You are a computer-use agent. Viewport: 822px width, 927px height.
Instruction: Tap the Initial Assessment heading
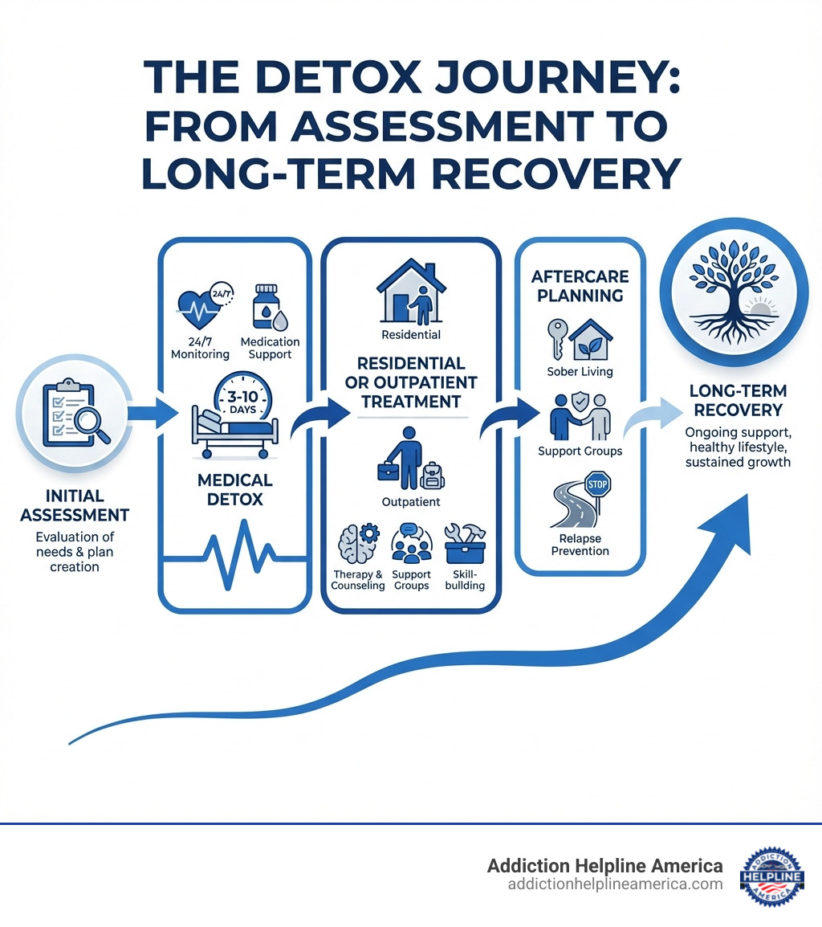point(75,506)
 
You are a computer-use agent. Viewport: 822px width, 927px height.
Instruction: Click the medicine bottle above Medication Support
point(266,306)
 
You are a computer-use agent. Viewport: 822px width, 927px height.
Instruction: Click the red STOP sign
point(599,484)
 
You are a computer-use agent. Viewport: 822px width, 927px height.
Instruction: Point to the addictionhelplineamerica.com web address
point(615,884)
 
